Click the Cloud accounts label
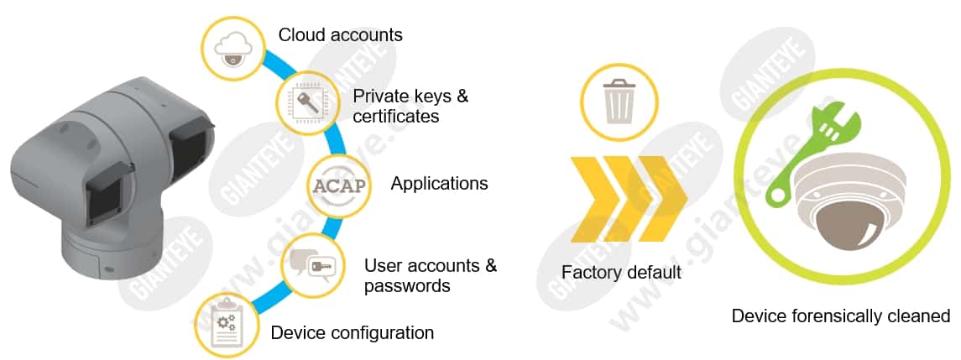340,35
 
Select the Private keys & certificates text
410,106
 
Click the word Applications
439,183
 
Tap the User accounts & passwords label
430,275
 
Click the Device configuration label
352,332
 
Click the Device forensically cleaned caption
840,316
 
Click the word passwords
407,286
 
